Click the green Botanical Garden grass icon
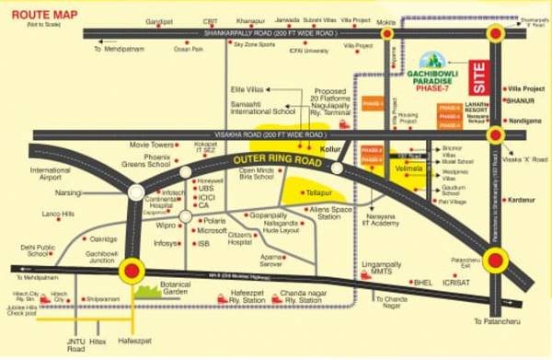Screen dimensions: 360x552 point(149,290)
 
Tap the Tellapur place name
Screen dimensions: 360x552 point(317,193)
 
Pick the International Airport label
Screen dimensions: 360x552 point(50,175)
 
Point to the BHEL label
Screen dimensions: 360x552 point(422,283)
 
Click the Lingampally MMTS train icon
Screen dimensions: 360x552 point(366,274)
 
